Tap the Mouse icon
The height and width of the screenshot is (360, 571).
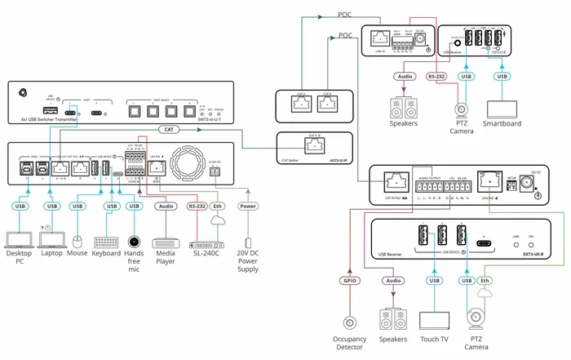point(77,242)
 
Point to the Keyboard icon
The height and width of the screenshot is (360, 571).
point(106,242)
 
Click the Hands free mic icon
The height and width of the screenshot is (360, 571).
point(135,242)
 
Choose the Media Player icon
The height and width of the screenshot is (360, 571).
point(166,242)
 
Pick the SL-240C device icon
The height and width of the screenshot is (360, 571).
point(204,242)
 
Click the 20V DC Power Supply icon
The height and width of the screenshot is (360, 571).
point(248,244)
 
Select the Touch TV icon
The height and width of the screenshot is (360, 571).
point(434,319)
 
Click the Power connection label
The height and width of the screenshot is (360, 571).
point(248,207)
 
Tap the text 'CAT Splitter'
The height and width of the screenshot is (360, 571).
point(291,161)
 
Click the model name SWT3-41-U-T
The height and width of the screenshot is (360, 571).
point(214,120)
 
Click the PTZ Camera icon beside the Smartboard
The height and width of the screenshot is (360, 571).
point(463,108)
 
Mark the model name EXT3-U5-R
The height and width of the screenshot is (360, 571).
point(534,255)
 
